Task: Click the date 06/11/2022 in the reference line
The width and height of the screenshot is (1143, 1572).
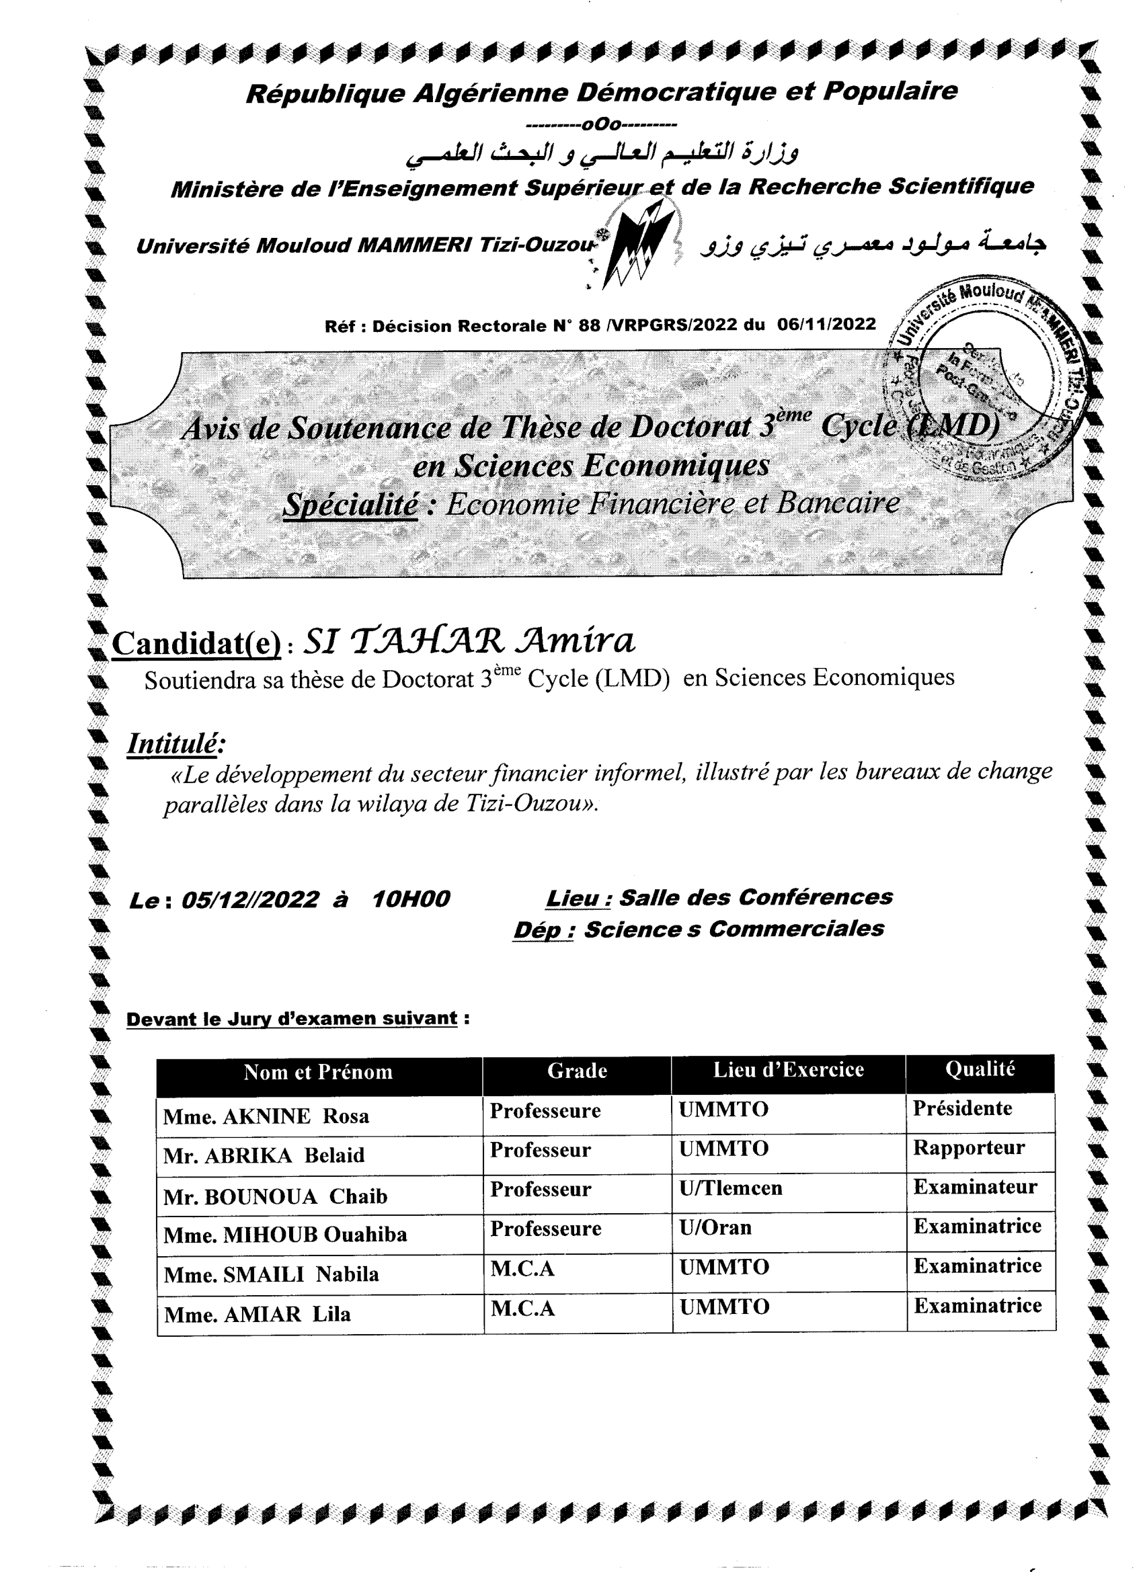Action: pyautogui.click(x=826, y=325)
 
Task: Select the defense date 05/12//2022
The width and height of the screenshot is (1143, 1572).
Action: pyautogui.click(x=249, y=900)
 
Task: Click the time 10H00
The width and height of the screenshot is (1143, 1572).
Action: pyautogui.click(x=411, y=899)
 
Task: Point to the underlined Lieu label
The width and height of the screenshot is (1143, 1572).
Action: pyautogui.click(x=578, y=898)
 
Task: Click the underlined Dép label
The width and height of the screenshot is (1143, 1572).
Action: pyautogui.click(x=543, y=929)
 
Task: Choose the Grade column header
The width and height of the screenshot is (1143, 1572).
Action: pyautogui.click(x=577, y=1071)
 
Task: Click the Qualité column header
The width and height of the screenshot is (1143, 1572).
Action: pyautogui.click(x=980, y=1069)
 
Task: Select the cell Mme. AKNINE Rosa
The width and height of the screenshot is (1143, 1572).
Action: pyautogui.click(x=266, y=1116)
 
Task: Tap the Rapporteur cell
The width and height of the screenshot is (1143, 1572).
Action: pyautogui.click(x=968, y=1148)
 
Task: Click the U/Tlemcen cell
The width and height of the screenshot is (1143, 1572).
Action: pyautogui.click(x=730, y=1188)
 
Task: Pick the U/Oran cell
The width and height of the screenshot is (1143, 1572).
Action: pyautogui.click(x=715, y=1227)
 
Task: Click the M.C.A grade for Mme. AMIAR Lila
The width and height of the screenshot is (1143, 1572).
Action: pyautogui.click(x=523, y=1309)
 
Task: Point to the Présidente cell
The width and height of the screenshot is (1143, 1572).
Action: pyautogui.click(x=962, y=1108)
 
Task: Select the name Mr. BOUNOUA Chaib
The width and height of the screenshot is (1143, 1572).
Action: pyautogui.click(x=276, y=1196)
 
